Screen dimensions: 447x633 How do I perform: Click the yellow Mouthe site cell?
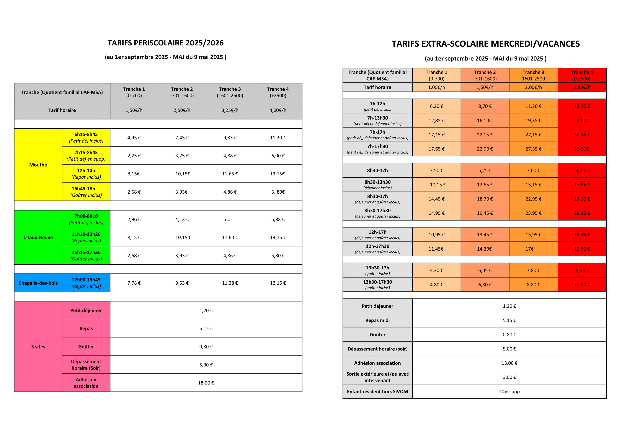[38, 165]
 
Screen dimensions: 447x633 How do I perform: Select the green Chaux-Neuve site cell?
[38, 237]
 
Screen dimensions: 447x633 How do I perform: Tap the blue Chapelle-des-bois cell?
[38, 283]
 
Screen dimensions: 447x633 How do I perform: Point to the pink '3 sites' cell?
[38, 347]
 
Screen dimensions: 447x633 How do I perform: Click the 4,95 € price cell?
[134, 138]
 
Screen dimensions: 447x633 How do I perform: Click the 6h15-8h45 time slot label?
[86, 137]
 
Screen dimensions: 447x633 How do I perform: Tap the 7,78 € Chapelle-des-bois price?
[134, 283]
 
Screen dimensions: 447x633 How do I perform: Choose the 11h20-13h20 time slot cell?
[86, 237]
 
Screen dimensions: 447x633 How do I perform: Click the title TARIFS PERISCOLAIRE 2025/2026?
[165, 43]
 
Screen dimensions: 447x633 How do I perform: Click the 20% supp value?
[509, 391]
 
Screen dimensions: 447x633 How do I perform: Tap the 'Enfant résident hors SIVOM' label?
[377, 391]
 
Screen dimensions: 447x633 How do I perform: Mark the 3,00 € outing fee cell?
[509, 377]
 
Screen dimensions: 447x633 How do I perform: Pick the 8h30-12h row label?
[377, 170]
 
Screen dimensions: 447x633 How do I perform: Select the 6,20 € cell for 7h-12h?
[436, 106]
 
